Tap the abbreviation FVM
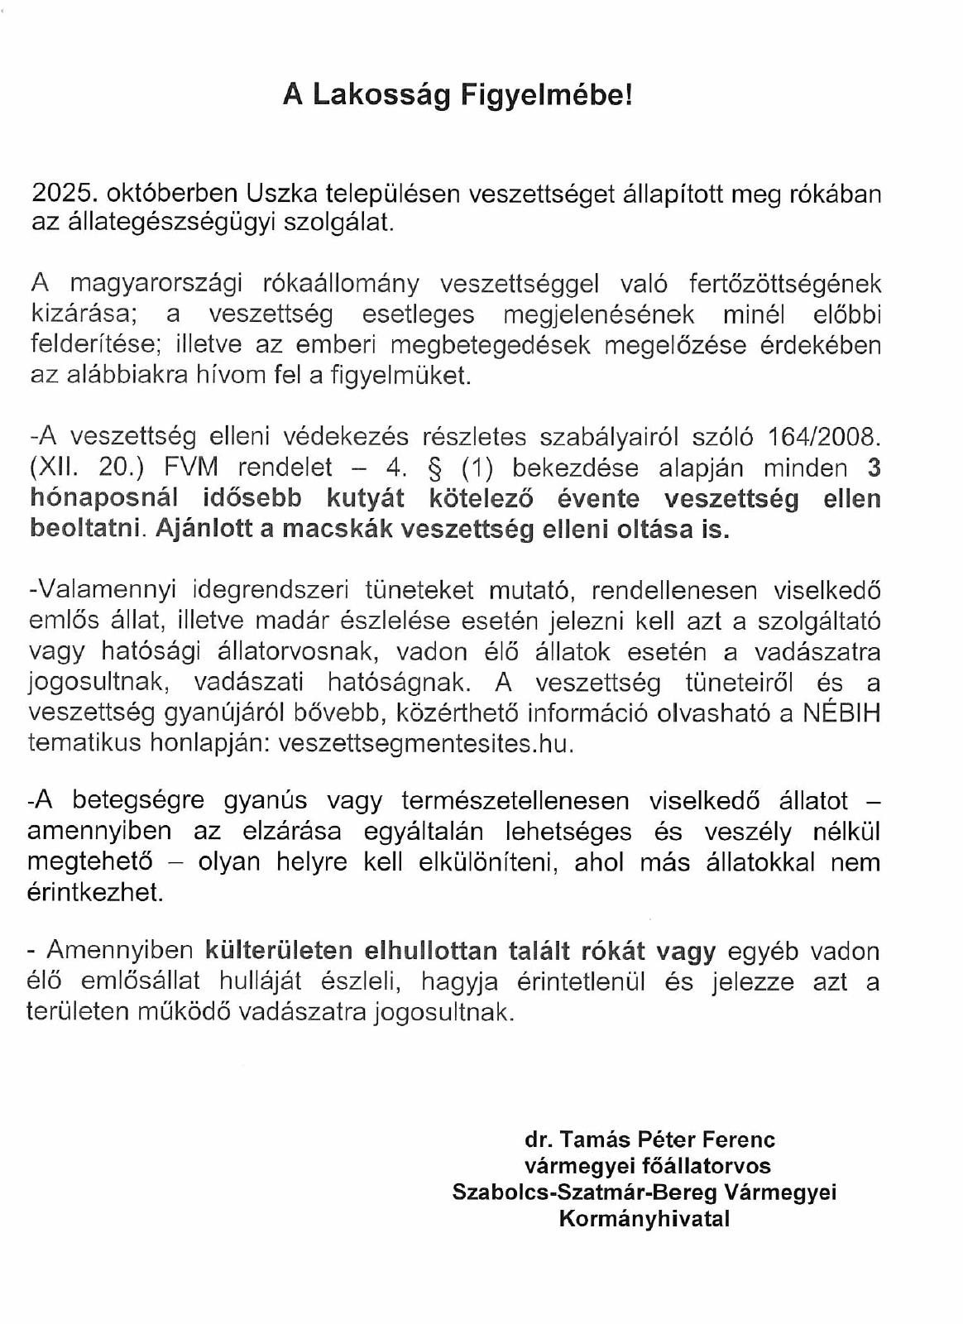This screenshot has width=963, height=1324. coord(191,468)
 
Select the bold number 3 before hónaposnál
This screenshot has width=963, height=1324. coord(873,468)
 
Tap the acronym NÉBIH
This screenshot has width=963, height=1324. coord(841,712)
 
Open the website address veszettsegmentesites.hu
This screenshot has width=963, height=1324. coord(426,743)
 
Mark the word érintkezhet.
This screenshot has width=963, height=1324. coord(95,893)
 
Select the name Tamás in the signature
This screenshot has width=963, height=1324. coord(591,1139)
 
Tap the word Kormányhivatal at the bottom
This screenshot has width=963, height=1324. coord(644,1219)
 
